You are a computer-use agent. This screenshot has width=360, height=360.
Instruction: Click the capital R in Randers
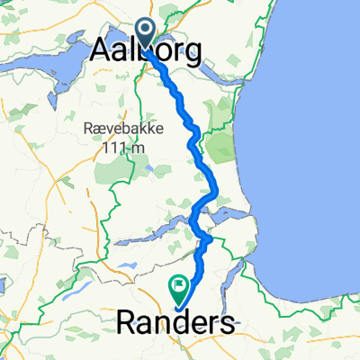click(127, 321)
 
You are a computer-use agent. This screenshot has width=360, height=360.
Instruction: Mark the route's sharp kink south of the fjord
click(210, 240)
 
